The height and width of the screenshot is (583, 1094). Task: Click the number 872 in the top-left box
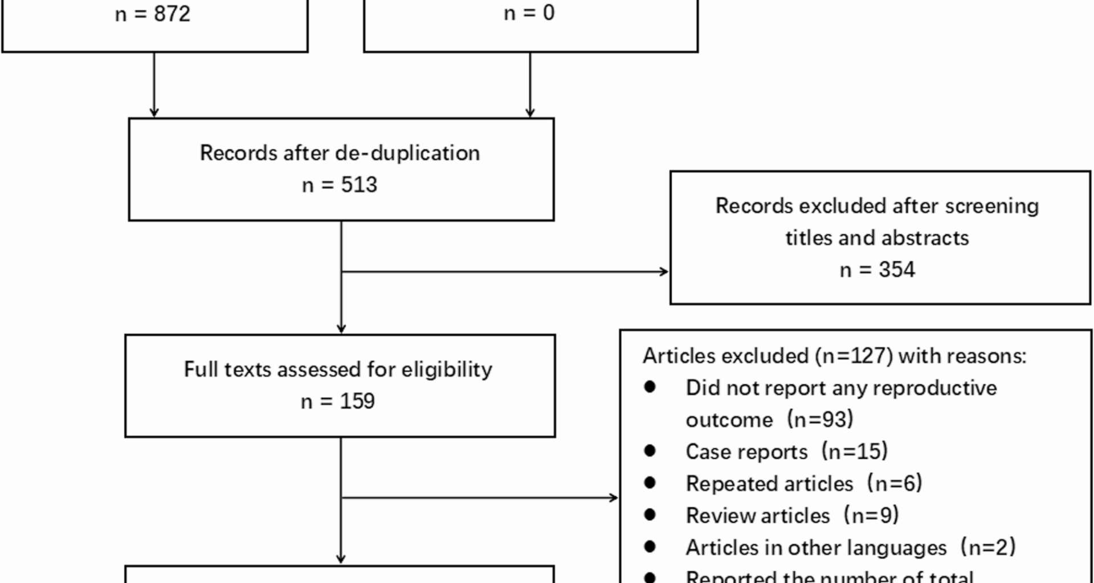(x=172, y=14)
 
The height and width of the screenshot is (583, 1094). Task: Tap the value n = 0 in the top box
(x=529, y=13)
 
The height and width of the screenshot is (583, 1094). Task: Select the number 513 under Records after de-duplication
(x=359, y=185)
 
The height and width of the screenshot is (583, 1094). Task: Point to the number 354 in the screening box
(x=896, y=270)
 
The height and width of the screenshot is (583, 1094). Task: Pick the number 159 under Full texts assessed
(x=357, y=401)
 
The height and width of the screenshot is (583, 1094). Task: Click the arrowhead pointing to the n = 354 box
(x=664, y=272)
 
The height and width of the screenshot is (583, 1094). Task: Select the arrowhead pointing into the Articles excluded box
(x=614, y=498)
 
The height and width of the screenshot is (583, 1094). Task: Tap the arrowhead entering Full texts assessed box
(x=341, y=329)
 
